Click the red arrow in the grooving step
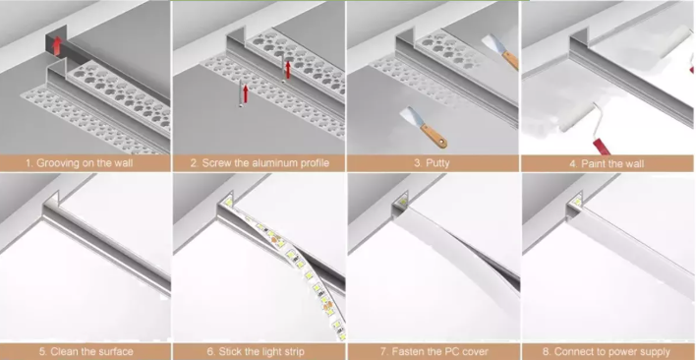click(x=57, y=45)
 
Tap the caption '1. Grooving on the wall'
click(x=79, y=163)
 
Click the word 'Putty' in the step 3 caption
click(x=437, y=163)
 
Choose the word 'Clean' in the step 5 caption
click(x=64, y=352)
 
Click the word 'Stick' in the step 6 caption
click(x=230, y=352)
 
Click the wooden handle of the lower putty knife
click(x=434, y=137)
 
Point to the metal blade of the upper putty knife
click(x=493, y=43)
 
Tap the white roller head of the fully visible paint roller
click(x=576, y=117)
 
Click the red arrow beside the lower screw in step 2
click(x=246, y=93)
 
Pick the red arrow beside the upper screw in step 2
click(x=288, y=70)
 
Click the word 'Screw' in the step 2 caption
click(x=217, y=163)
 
